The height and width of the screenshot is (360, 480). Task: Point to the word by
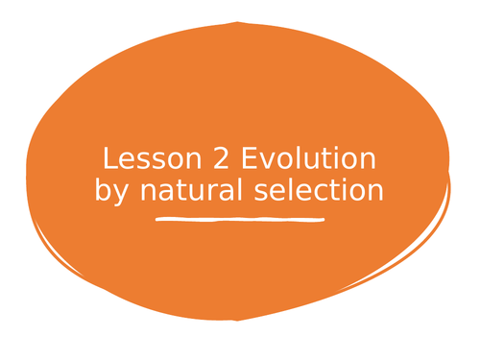coord(112,191)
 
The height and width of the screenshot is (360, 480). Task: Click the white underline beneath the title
coord(239,220)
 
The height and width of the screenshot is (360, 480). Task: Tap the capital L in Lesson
coord(108,159)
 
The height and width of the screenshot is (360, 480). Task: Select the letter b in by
coord(103,190)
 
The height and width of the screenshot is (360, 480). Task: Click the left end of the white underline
coord(158,220)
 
